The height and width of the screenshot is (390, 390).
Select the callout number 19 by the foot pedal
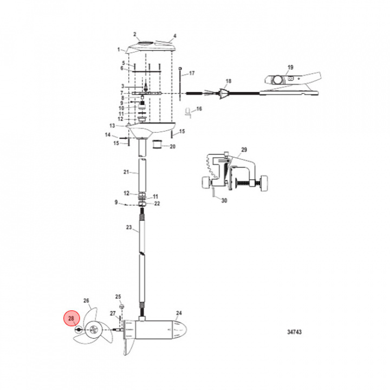tap(290, 67)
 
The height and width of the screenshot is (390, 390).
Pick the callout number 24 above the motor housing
tap(179, 314)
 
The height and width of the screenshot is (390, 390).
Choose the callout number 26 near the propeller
tap(85, 301)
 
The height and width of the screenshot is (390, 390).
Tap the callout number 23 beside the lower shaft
tap(128, 228)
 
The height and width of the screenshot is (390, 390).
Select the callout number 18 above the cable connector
tap(228, 81)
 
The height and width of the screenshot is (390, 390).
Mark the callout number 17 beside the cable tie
tap(191, 73)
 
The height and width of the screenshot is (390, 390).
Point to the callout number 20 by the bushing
tap(173, 146)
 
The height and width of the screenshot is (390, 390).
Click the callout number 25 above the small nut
tap(119, 296)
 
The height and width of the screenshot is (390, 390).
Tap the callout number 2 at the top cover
tap(136, 34)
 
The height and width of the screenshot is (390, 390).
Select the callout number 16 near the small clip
tap(198, 109)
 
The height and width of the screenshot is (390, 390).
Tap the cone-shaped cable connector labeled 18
tap(223, 93)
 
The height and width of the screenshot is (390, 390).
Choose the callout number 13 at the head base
tap(120, 126)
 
